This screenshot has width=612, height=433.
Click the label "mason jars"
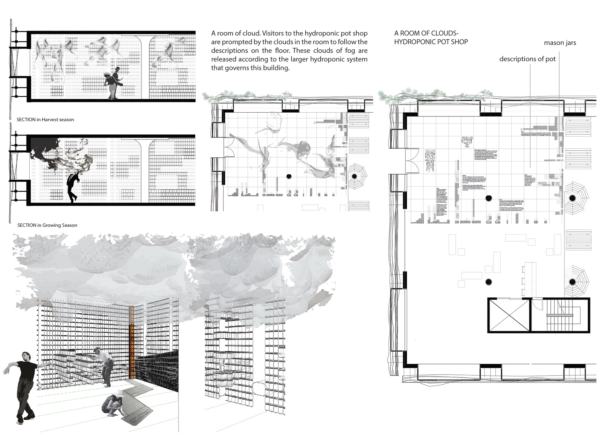pos(560,43)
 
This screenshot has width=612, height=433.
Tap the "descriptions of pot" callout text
pos(527,59)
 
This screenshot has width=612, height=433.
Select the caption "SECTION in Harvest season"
pos(45,120)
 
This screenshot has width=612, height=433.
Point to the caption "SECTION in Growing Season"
pos(47,225)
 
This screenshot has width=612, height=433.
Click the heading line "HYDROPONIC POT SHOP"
pos(431,42)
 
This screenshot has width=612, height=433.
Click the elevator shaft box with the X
pos(509,315)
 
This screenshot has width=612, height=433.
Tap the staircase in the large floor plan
pos(560,315)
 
